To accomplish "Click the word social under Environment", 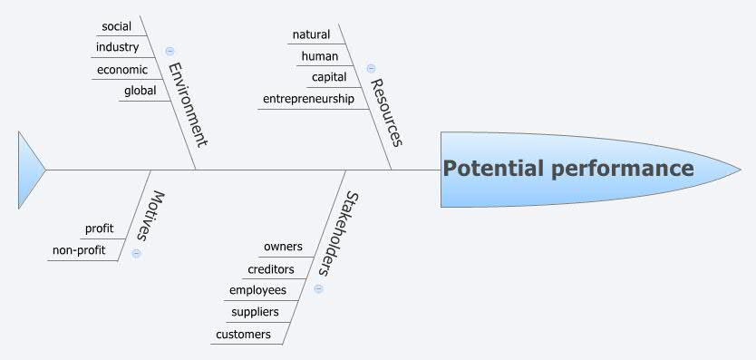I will click(116, 26).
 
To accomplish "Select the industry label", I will click(117, 47).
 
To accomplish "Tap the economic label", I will click(121, 69).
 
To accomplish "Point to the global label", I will click(140, 90).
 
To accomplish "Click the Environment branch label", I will click(188, 104).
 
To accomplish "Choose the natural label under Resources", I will click(311, 34).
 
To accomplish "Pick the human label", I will click(319, 56).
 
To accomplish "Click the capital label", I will click(329, 77).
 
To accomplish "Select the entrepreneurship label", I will click(308, 99).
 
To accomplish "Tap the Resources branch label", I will click(385, 112).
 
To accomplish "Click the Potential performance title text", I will click(568, 169).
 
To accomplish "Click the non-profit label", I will click(78, 250).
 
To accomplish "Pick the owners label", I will click(283, 247).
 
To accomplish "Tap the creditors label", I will click(270, 269).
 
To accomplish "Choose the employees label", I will click(257, 290).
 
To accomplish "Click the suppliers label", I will click(255, 312).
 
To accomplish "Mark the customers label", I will click(243, 334).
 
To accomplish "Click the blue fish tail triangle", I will click(30, 170).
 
